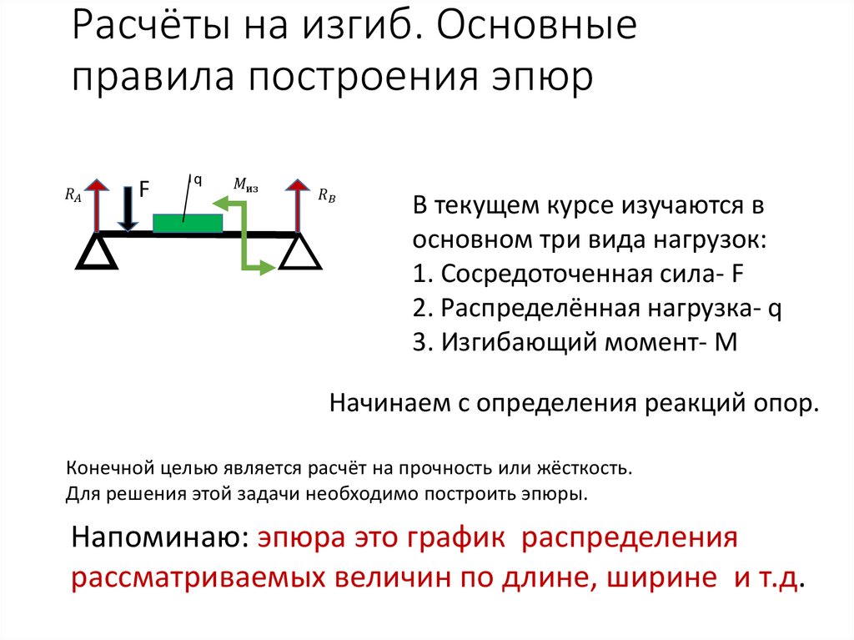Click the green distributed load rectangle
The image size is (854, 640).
(188, 223)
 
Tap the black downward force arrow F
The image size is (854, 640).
(128, 209)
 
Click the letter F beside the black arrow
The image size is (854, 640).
(143, 190)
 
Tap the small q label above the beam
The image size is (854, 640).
(198, 179)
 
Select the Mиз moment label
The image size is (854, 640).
(245, 184)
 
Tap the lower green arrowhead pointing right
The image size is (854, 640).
(267, 267)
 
